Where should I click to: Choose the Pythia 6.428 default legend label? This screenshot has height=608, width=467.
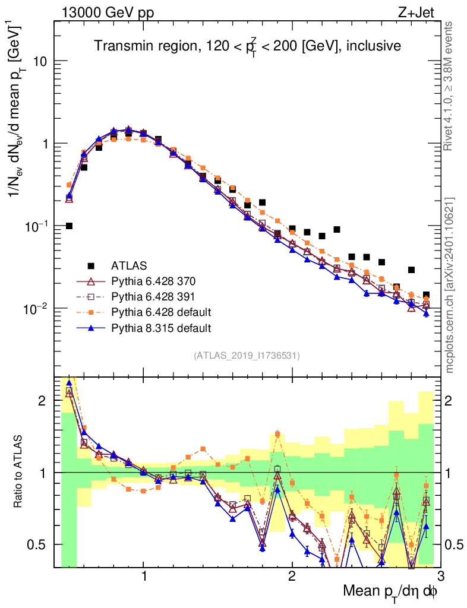click(x=160, y=312)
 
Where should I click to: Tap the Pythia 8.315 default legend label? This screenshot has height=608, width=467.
click(x=160, y=327)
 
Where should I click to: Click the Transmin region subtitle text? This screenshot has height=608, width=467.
click(x=248, y=46)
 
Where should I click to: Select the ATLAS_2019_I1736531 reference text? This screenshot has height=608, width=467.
click(x=247, y=356)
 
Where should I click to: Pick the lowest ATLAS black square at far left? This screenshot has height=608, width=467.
click(x=69, y=226)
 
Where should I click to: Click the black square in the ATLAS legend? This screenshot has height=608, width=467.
click(x=91, y=265)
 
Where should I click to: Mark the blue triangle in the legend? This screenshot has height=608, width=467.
click(x=91, y=327)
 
